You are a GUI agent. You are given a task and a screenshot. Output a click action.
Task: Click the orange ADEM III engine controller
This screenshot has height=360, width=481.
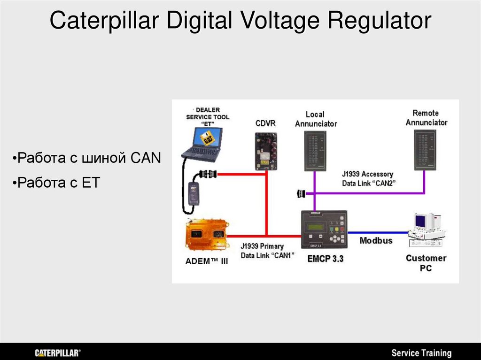coord(206,235)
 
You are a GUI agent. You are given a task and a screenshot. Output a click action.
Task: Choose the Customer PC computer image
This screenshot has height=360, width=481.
coord(426,230)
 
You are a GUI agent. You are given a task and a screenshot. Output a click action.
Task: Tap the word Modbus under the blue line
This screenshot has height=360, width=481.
coord(376,241)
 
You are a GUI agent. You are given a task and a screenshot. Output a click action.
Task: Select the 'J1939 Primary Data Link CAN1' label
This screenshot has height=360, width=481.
coord(262,251)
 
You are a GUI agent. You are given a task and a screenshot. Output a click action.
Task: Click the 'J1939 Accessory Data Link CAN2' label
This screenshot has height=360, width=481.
coord(368,179)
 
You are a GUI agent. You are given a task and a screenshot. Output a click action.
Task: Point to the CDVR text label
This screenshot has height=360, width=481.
coord(265,123)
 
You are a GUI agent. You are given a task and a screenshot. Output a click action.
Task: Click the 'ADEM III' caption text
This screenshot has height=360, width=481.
coord(207,261)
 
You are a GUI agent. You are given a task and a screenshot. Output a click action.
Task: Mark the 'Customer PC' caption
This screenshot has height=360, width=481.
coord(426,263)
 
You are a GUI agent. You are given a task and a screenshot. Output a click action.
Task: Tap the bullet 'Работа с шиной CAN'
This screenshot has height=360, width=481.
coord(86,158)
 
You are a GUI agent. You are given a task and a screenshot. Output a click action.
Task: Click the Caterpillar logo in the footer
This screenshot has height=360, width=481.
coord(57,353)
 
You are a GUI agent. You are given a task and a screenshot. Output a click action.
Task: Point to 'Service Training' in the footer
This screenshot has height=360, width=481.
coord(421,353)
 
